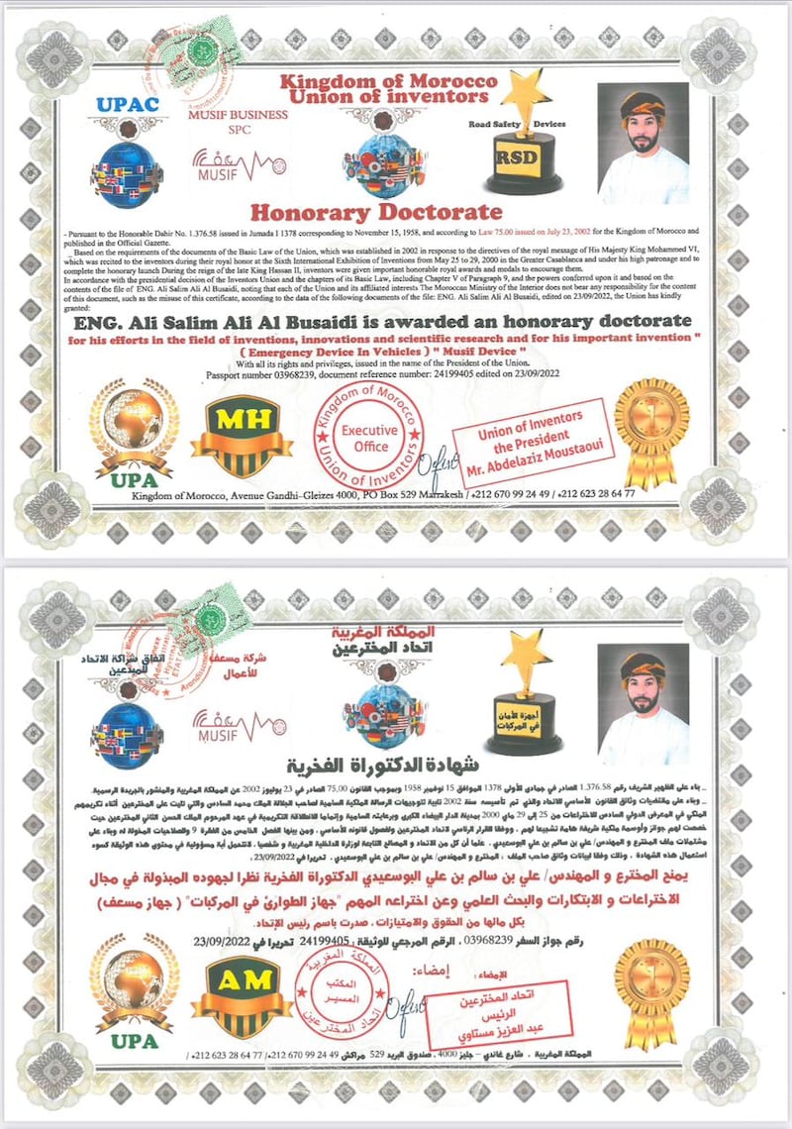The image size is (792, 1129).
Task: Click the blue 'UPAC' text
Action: coord(127,104)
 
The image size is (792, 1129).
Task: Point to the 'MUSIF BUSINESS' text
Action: coord(239,115)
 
